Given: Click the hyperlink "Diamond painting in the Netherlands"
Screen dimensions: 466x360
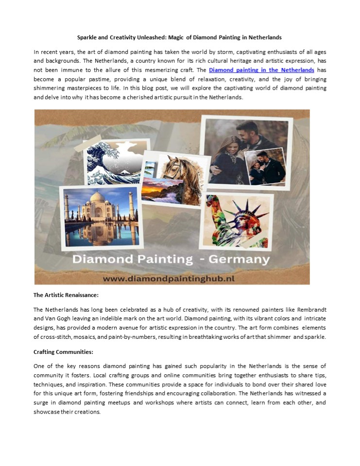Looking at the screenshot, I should (261, 70).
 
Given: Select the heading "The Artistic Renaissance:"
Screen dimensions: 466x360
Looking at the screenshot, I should (62, 295).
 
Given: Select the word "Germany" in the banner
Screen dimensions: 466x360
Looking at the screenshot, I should (239, 259).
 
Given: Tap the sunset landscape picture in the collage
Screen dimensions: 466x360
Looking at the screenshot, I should (162, 190).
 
